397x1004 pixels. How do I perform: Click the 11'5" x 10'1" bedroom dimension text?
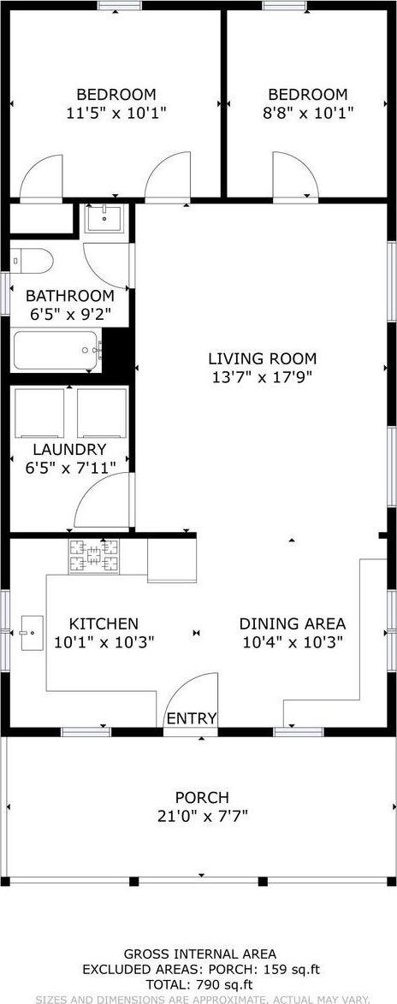pos(116,112)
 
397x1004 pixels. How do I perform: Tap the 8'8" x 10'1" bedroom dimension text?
pos(308,112)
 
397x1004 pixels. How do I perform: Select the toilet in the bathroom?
pos(32,259)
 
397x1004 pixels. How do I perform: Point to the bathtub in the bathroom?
pos(56,350)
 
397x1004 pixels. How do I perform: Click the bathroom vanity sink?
pos(106,219)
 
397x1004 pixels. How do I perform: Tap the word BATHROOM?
pos(68,296)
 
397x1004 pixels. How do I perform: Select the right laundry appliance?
pos(102,412)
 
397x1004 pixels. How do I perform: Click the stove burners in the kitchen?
pos(94,558)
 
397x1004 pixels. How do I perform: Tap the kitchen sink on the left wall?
pos(30,632)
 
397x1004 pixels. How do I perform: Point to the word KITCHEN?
pos(104,624)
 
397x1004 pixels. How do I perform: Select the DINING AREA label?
pos(292,624)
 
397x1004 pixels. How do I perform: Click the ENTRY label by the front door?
pos(192,718)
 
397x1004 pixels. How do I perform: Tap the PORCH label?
pos(201,798)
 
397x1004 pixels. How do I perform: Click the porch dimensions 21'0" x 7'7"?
pos(201,816)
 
